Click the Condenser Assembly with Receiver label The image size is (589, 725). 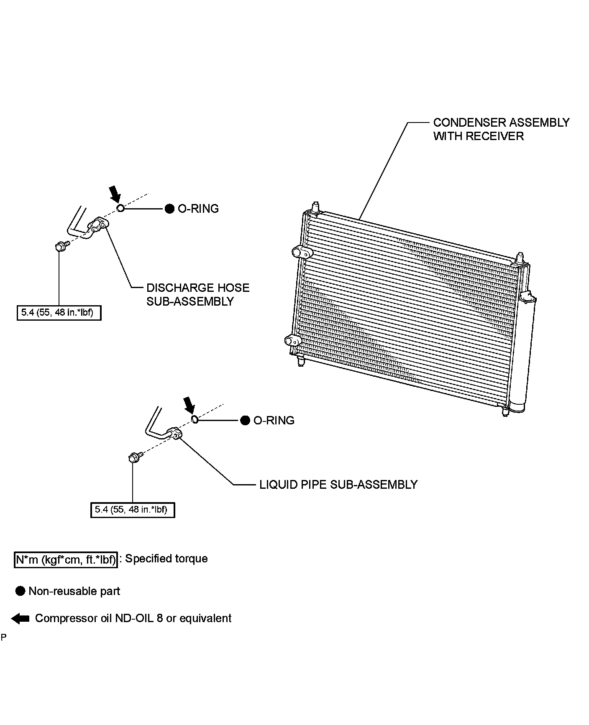501,129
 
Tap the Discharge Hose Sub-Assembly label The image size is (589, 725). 197,294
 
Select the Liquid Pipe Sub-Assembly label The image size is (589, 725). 338,484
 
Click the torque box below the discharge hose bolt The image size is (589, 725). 59,312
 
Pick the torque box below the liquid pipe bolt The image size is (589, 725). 132,509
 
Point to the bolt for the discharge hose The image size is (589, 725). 59,247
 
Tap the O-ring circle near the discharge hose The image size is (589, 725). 120,208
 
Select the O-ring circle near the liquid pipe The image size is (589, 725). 195,419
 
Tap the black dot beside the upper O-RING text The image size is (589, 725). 169,209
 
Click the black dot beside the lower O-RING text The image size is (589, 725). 245,420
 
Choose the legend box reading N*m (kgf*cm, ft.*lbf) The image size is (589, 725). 66,559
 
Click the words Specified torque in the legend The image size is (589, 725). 166,559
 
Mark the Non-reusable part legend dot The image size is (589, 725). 20,591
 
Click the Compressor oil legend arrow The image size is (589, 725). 20,618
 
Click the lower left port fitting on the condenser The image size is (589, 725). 292,341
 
